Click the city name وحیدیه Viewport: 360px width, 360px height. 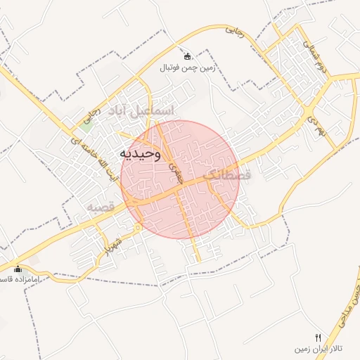[139, 153]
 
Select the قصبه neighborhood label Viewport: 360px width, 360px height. [100, 207]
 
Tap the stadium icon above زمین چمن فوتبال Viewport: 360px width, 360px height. [187, 56]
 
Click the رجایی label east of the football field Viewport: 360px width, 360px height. [234, 32]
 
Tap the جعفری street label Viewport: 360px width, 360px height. [175, 171]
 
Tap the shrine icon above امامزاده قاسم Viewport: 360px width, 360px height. [18, 269]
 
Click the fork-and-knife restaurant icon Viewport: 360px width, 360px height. [318, 337]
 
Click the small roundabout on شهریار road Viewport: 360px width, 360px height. [139, 226]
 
